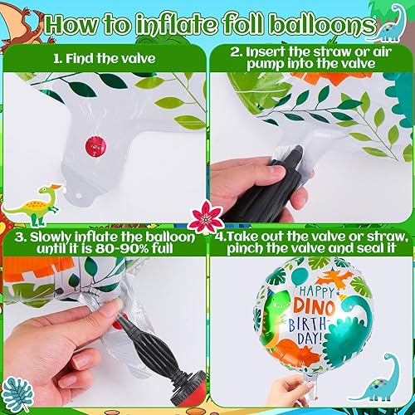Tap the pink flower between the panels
205,217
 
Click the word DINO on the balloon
314,305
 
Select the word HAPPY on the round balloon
317,290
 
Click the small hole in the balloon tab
78,196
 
